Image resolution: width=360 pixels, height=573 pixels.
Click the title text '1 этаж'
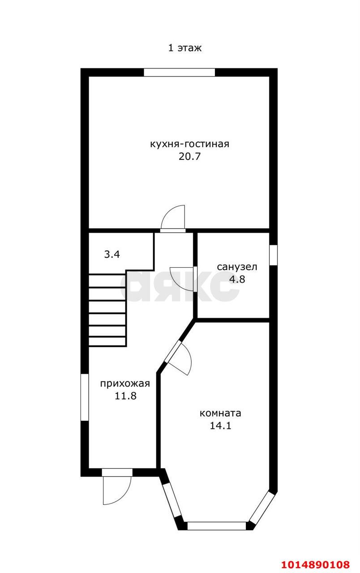click(x=185, y=48)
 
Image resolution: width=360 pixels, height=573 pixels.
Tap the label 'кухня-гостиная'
click(x=189, y=144)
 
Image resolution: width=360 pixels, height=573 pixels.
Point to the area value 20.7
click(x=189, y=156)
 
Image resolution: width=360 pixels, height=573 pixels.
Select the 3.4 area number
click(x=112, y=255)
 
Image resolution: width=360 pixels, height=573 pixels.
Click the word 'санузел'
click(x=237, y=267)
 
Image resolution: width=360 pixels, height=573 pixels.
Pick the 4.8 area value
click(x=237, y=279)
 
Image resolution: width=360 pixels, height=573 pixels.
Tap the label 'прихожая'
click(x=125, y=384)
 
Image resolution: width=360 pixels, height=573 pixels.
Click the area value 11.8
click(x=125, y=396)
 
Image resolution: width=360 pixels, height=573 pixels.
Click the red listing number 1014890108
click(x=316, y=564)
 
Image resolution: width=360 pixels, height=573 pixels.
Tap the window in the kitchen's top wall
click(x=180, y=73)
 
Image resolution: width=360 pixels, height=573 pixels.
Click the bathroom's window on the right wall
click(x=274, y=255)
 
